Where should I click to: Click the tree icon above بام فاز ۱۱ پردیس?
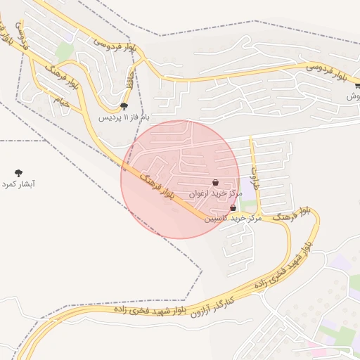124,106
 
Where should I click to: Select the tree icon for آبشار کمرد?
18,172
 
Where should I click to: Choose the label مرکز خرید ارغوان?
216,193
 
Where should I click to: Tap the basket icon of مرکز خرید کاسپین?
233,208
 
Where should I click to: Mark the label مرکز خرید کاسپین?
233,219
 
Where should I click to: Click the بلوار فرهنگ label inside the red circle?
157,185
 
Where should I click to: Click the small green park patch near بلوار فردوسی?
65,51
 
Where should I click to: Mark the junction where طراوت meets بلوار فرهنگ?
258,213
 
